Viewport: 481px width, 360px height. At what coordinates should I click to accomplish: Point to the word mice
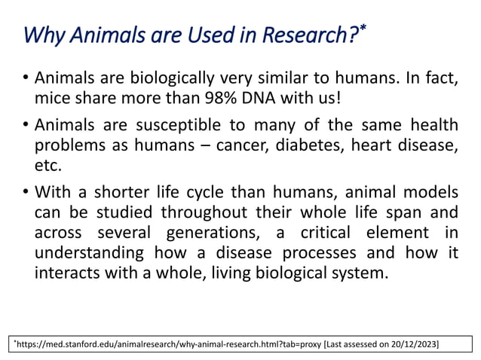point(51,98)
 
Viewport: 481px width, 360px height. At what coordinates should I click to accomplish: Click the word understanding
point(91,253)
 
